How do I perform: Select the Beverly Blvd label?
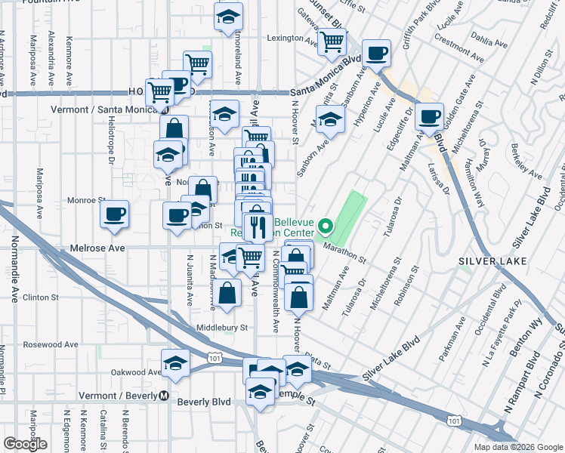pos(203,402)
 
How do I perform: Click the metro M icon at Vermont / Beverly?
pos(164,396)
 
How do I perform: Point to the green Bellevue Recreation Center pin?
pos(326,225)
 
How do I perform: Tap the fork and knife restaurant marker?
pos(258,226)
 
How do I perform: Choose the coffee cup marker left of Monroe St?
pos(115,214)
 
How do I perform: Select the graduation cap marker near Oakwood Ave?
pos(176,363)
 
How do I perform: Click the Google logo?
pos(25,444)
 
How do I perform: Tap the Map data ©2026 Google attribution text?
pos(518,447)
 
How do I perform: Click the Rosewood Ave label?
pos(51,344)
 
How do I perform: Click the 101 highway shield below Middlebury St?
pos(216,353)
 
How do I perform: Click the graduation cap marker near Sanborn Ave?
pos(329,119)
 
